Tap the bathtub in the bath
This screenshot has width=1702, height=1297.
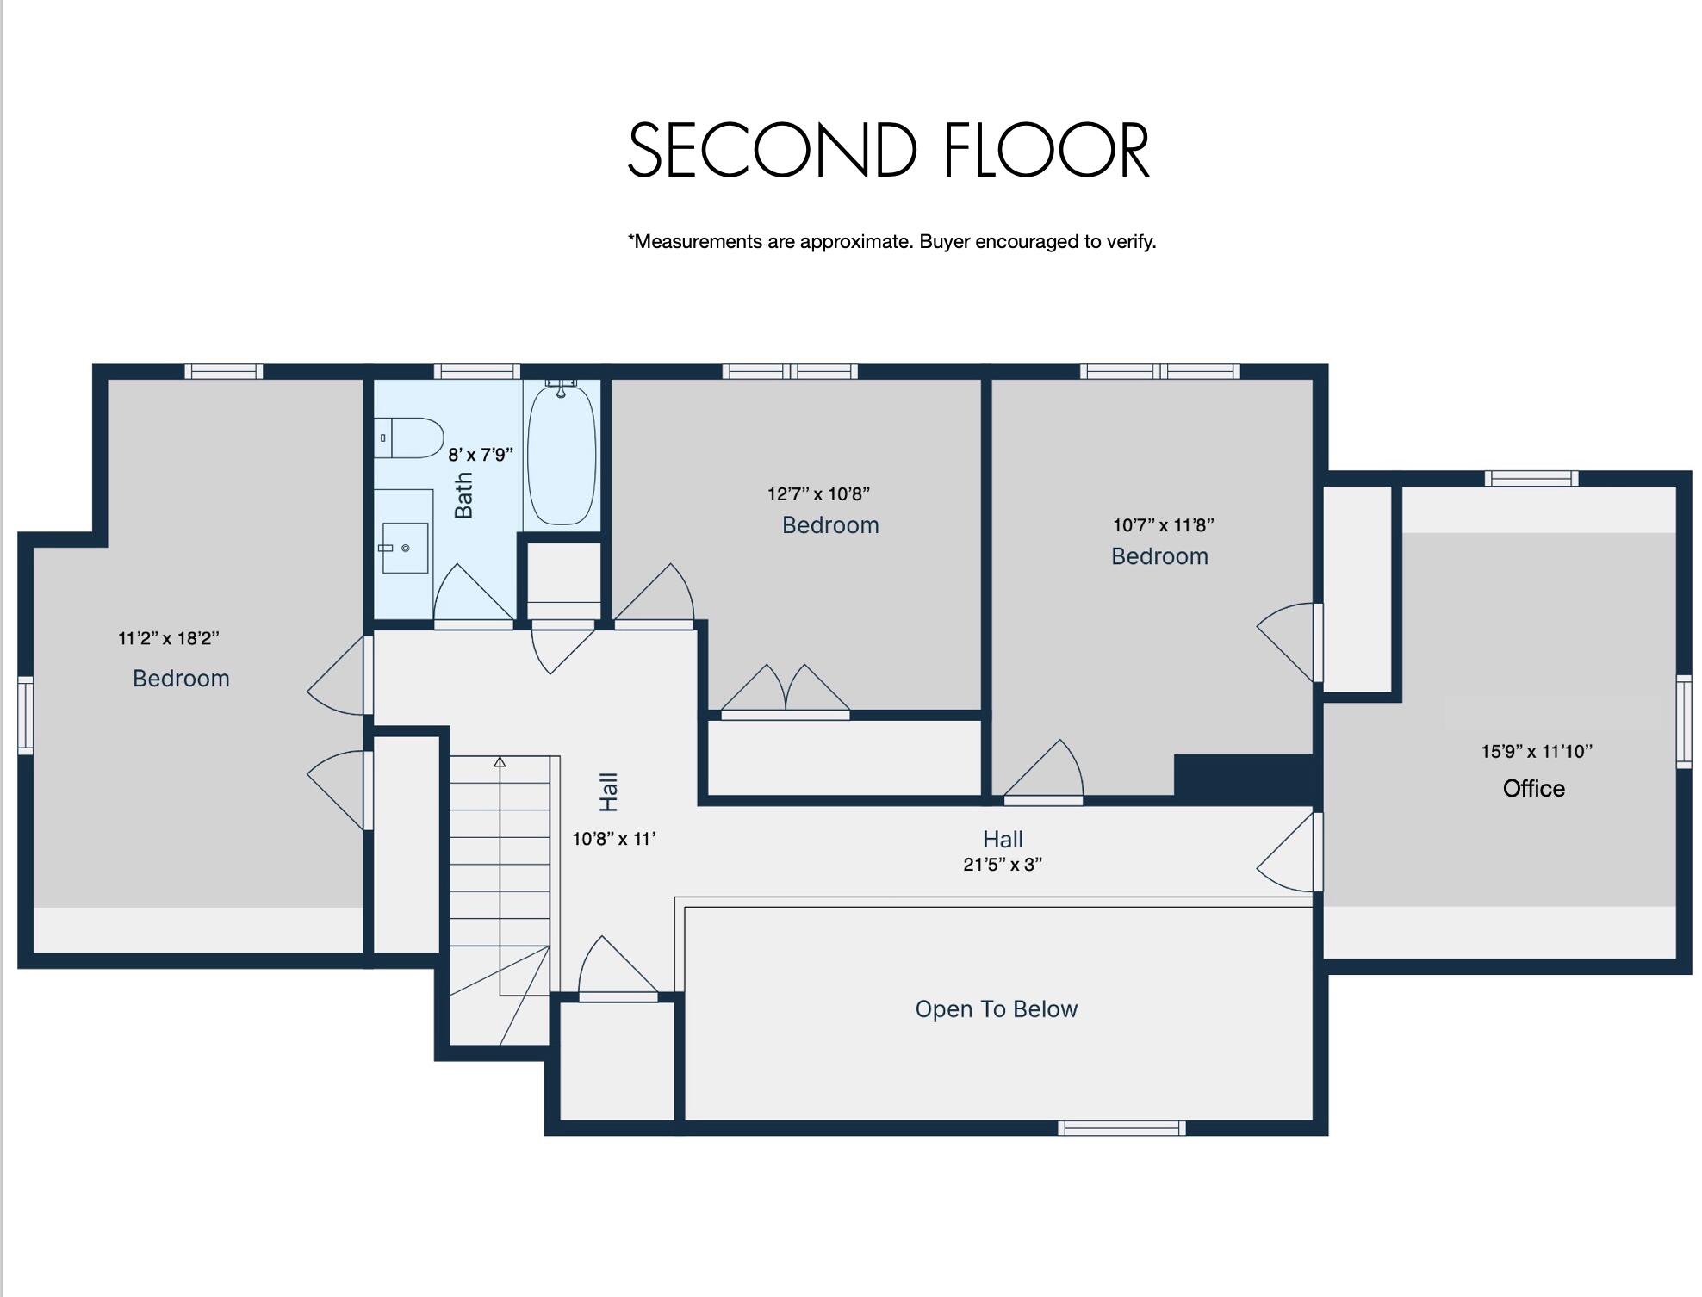tap(561, 455)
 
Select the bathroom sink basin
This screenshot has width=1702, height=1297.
tap(404, 547)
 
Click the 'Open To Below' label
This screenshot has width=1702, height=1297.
tap(996, 1008)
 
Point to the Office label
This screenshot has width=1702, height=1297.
tap(1533, 788)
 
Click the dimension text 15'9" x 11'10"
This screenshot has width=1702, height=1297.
tap(1536, 751)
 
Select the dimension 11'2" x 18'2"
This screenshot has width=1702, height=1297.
tap(169, 638)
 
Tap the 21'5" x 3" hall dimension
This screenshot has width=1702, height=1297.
tap(1003, 865)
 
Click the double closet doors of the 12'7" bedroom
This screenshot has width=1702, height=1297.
tap(785, 691)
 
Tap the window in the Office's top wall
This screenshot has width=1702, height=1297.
tap(1531, 478)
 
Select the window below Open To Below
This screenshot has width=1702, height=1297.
tap(1121, 1128)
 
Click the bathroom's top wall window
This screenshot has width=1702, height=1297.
tap(476, 371)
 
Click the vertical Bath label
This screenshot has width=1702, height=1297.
tap(463, 495)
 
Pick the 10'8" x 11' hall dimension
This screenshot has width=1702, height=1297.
tap(614, 839)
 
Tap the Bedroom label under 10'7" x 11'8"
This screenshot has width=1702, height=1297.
tap(1159, 556)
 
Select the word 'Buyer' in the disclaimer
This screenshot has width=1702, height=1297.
tap(944, 241)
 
